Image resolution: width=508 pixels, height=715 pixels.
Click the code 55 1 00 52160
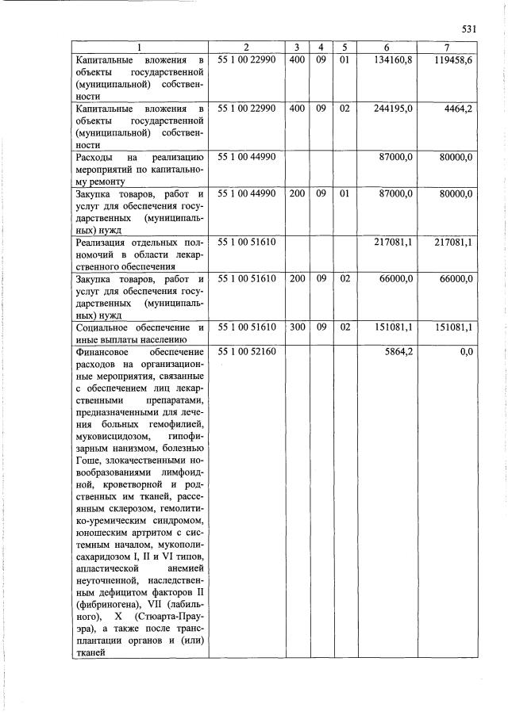(x=246, y=351)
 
